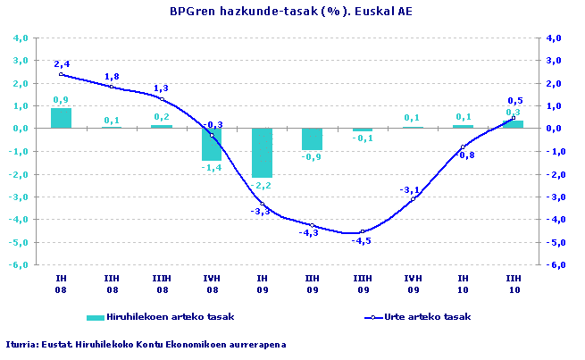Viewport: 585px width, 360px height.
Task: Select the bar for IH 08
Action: pos(61,118)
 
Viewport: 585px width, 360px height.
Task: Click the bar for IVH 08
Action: pos(212,144)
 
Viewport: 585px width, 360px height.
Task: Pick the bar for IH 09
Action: pos(262,153)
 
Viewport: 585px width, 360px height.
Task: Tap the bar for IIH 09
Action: pos(312,138)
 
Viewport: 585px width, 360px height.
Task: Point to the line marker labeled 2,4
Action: pos(61,74)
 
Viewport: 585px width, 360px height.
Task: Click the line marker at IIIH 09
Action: pos(363,231)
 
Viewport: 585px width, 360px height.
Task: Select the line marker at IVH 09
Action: pos(413,198)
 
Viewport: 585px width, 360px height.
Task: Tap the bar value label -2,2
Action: pos(261,185)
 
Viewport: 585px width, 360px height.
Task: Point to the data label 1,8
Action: pos(112,77)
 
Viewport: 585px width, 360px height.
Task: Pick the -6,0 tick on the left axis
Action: pos(19,265)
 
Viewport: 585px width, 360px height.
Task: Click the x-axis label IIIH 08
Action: pos(162,284)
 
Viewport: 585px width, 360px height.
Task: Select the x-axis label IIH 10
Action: pos(513,284)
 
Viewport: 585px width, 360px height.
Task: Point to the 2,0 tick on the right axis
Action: pos(554,84)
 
